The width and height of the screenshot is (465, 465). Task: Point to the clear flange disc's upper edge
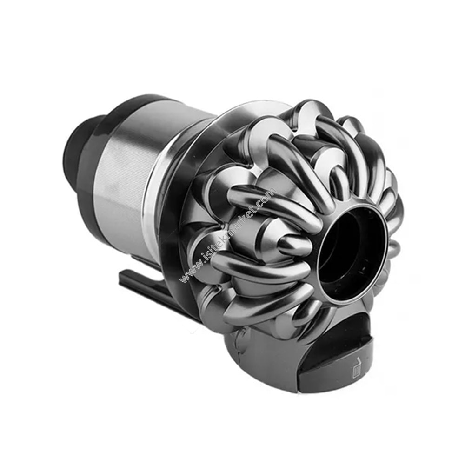(242, 109)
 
